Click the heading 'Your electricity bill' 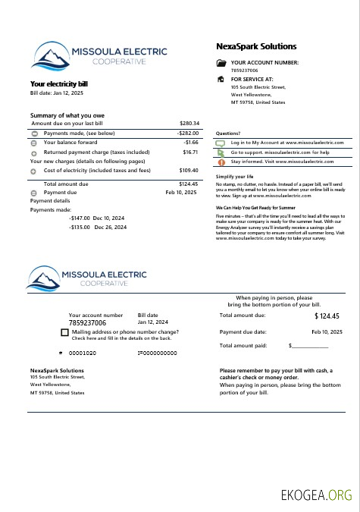click(x=59, y=83)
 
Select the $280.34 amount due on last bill click(x=189, y=123)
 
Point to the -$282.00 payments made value click(x=187, y=133)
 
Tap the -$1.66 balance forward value click(x=190, y=142)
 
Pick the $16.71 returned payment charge click(x=190, y=152)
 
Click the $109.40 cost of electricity click(x=189, y=171)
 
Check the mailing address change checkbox click(x=64, y=333)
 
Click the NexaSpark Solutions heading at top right click(x=256, y=47)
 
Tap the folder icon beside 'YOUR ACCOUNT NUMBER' click(x=221, y=64)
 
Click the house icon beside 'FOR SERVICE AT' click(x=221, y=79)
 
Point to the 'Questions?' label click(x=228, y=133)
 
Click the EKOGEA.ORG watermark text click(x=317, y=495)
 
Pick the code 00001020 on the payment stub click(x=83, y=353)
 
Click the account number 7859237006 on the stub click(x=87, y=322)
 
